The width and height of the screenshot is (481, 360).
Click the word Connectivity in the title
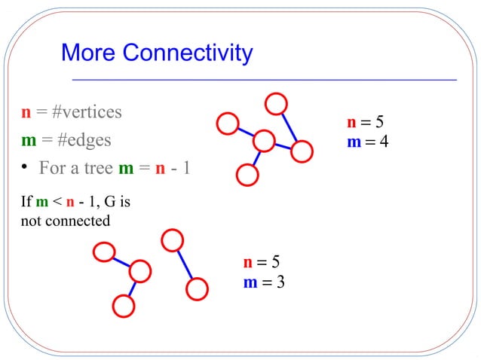[188, 53]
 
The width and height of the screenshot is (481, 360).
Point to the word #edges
[80, 140]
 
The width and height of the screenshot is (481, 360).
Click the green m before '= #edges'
[29, 140]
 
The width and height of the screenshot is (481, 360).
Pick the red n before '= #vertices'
[26, 113]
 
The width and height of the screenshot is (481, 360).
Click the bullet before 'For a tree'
[25, 166]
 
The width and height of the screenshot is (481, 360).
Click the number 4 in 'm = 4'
[384, 141]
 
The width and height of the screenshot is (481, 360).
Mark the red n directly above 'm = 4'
[351, 122]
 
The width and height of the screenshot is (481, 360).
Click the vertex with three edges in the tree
[264, 141]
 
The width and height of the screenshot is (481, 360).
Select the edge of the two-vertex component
[184, 264]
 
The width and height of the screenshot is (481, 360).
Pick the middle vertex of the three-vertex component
[140, 271]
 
